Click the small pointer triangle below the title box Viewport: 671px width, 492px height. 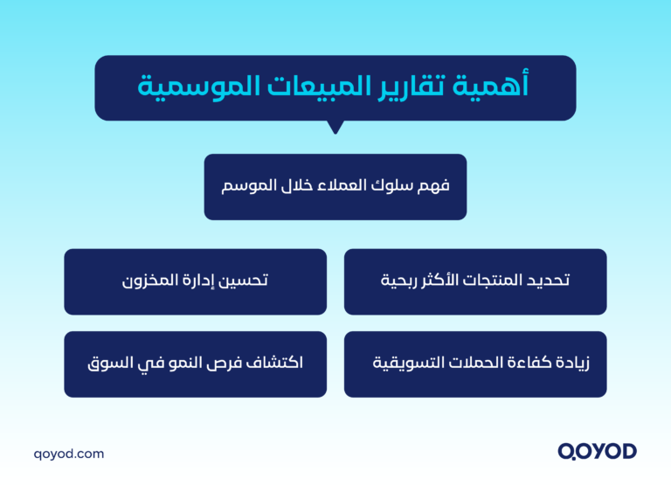click(x=335, y=127)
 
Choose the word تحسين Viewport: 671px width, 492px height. click(x=246, y=281)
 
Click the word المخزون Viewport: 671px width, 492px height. click(x=148, y=281)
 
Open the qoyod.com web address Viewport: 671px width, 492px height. click(x=68, y=454)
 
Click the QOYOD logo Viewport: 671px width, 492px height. click(x=597, y=452)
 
